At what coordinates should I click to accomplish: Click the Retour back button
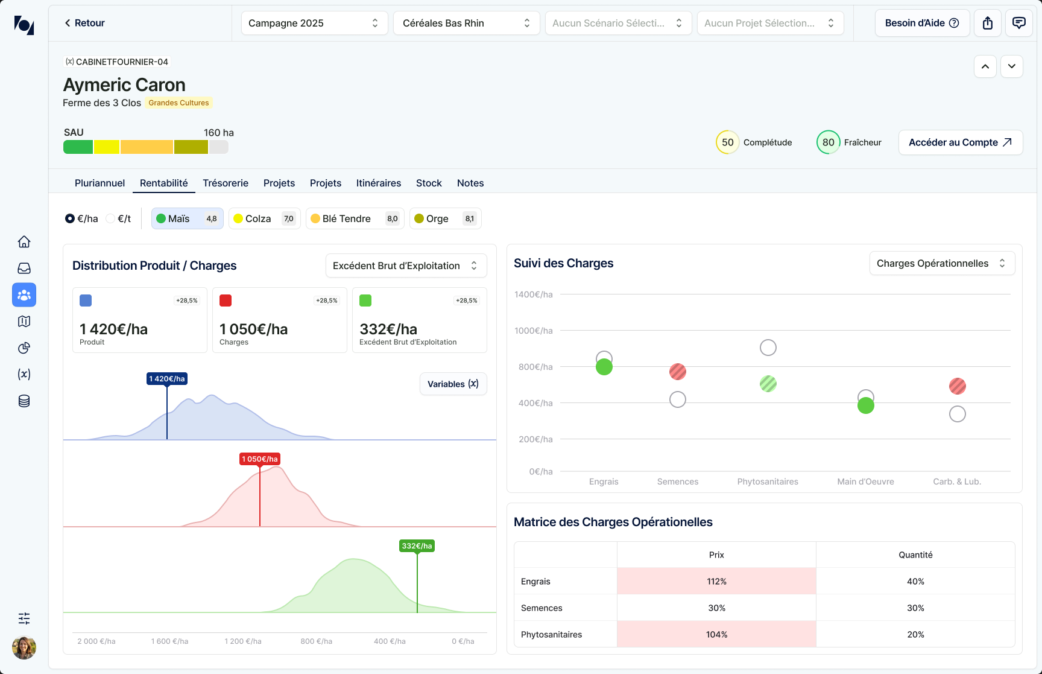click(x=84, y=23)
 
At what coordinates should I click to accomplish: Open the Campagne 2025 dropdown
click(x=314, y=23)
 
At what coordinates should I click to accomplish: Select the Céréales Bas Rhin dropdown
click(x=466, y=23)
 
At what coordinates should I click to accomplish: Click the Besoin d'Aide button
click(x=922, y=23)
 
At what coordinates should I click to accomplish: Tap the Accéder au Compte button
click(x=961, y=142)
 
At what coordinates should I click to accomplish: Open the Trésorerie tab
click(x=226, y=183)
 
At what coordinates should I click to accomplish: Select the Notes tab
click(x=470, y=183)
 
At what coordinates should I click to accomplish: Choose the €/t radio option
click(x=118, y=218)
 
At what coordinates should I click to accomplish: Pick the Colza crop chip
click(x=264, y=218)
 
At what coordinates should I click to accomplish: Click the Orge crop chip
click(x=445, y=218)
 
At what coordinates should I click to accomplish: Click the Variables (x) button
click(x=453, y=384)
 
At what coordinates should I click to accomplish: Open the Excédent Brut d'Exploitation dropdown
click(x=406, y=265)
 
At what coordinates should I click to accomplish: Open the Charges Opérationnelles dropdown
click(x=942, y=263)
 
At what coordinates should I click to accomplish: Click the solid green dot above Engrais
click(x=604, y=367)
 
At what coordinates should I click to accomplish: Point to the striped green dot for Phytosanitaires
click(x=768, y=384)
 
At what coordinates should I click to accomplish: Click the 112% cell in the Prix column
click(x=716, y=581)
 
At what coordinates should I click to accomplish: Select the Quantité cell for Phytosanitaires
click(x=915, y=634)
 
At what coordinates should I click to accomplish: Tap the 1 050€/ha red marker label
click(x=260, y=459)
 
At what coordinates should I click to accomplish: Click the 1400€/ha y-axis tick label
click(x=534, y=294)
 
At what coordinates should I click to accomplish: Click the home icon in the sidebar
click(x=24, y=242)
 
